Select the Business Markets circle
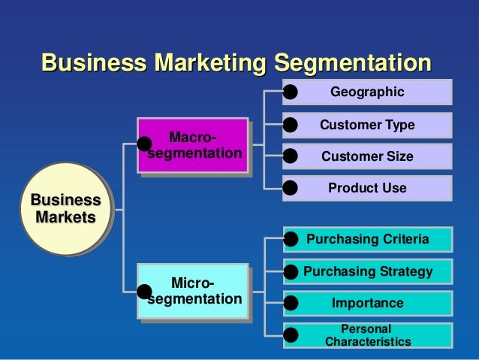click(x=64, y=209)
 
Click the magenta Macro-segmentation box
click(x=196, y=147)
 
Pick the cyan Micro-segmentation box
click(x=196, y=292)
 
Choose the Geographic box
click(x=368, y=92)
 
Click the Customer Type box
click(x=368, y=125)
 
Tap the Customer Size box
click(x=368, y=156)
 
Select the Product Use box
click(x=368, y=188)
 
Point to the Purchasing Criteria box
click(x=368, y=240)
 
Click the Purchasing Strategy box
click(x=368, y=271)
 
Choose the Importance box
click(x=368, y=303)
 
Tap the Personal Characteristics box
click(x=368, y=335)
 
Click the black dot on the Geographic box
click(x=291, y=92)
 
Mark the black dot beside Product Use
click(x=291, y=188)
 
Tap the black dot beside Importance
click(x=291, y=303)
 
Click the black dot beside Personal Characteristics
click(x=291, y=335)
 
